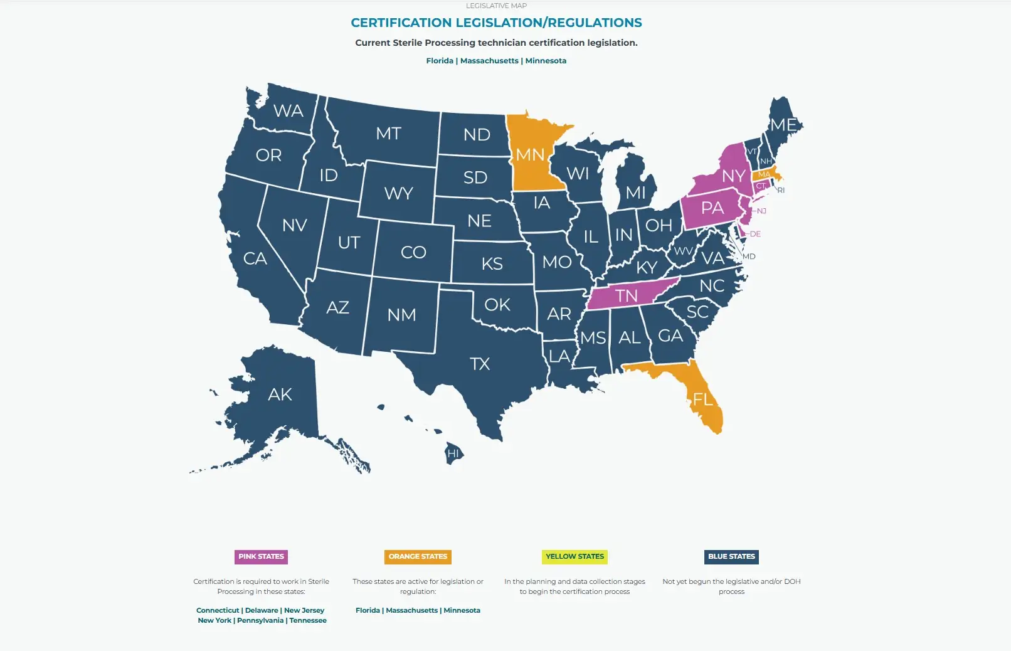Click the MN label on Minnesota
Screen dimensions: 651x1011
530,154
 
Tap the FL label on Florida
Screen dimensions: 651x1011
702,399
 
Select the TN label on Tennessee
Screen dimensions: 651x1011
626,295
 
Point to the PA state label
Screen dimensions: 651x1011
712,208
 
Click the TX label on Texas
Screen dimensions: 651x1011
480,364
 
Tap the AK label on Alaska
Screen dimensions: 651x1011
280,394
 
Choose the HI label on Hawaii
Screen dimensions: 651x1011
453,453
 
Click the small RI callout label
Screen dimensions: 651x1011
781,190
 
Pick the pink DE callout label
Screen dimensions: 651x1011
755,234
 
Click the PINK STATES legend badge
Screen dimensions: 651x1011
261,556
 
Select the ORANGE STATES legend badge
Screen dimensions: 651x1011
418,556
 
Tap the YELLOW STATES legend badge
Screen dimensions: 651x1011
574,556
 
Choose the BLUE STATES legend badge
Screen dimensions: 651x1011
731,556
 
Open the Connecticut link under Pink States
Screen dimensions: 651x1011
218,610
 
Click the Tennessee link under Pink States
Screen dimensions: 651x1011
308,620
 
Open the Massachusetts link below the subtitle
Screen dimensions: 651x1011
489,61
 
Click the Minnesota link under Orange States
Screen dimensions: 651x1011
462,610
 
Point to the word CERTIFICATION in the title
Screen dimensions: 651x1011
401,23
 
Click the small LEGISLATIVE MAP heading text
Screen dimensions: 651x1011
496,6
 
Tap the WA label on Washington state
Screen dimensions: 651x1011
288,111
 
